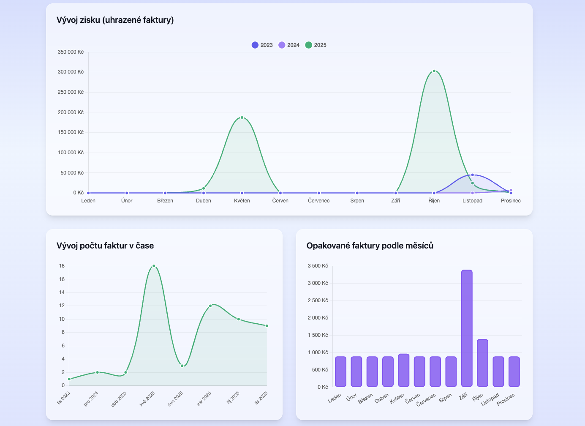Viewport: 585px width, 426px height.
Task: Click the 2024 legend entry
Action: (x=289, y=45)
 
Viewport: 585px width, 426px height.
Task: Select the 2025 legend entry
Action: (x=316, y=45)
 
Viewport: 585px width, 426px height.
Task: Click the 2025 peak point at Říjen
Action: (x=434, y=71)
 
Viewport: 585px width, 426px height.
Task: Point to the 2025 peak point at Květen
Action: (x=242, y=117)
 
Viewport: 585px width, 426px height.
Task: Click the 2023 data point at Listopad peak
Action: (x=472, y=175)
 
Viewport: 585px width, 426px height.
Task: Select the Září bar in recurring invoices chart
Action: (x=467, y=328)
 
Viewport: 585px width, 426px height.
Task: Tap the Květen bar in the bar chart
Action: (x=404, y=370)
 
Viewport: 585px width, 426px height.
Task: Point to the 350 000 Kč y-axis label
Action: (x=71, y=52)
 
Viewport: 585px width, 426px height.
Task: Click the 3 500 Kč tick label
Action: (x=318, y=266)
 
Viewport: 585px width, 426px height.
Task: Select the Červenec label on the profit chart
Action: (x=319, y=201)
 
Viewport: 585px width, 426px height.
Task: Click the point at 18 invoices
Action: (x=154, y=266)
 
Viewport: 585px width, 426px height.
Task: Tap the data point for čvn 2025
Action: (x=182, y=366)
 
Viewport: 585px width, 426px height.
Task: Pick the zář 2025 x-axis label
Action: (x=204, y=399)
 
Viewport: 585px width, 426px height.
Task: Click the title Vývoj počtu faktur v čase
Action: (x=105, y=246)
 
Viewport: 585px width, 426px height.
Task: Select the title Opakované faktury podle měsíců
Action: (x=370, y=246)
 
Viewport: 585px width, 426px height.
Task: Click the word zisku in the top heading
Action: (x=90, y=20)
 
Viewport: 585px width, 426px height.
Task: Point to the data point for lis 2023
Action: (x=69, y=379)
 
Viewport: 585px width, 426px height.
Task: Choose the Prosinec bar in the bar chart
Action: (x=514, y=371)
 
